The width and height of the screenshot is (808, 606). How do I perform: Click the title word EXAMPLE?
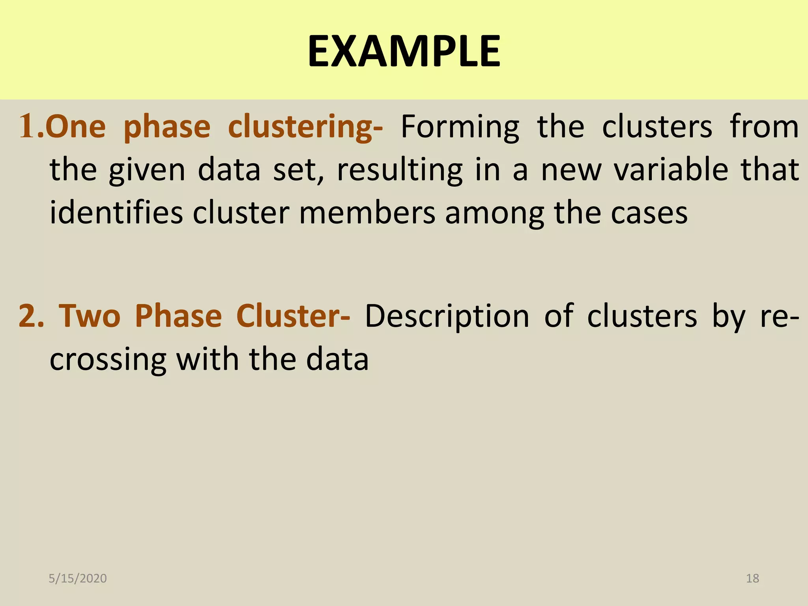pos(404,51)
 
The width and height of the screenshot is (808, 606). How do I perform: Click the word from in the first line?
pos(764,127)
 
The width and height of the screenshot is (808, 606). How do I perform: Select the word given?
pos(147,170)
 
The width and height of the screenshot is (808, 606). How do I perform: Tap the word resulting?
pos(400,170)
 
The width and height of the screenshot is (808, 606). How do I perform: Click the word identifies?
pos(116,213)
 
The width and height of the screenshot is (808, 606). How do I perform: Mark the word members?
pos(367,213)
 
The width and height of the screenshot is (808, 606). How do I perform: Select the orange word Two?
pos(90,316)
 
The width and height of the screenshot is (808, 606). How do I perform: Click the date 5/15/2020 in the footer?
pos(78,578)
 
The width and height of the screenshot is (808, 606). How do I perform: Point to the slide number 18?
pos(752,578)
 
